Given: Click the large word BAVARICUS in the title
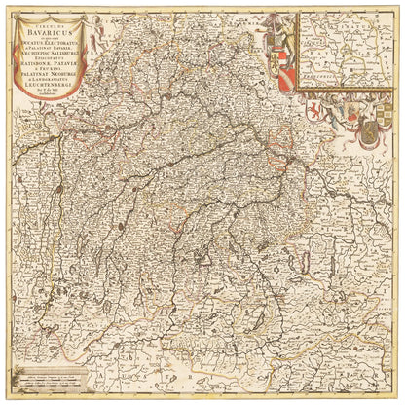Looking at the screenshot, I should pos(50,32).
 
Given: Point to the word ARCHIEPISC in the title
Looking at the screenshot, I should pos(34,55).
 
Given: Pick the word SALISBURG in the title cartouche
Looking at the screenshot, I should pos(64,55).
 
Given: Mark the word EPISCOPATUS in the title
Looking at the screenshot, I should pos(50,59).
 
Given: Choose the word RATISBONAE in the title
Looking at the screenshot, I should pos(35,65).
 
